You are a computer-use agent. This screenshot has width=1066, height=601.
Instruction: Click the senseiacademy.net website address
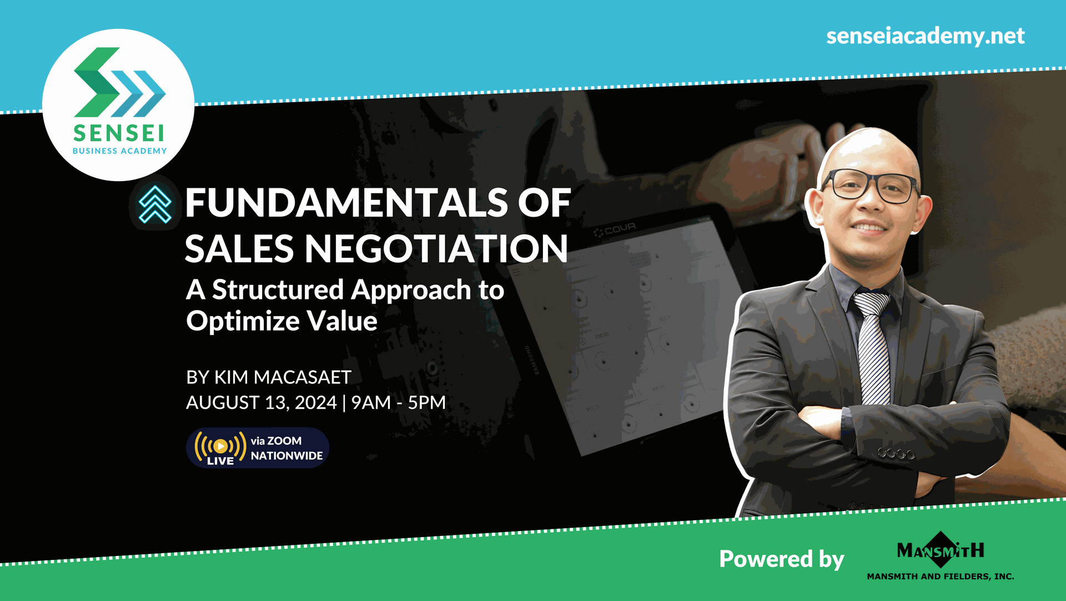(x=925, y=36)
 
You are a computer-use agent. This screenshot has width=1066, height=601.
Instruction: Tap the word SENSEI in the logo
(x=119, y=133)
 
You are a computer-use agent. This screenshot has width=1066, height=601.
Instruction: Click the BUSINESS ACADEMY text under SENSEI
(x=119, y=151)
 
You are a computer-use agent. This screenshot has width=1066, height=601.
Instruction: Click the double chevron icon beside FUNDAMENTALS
(x=155, y=204)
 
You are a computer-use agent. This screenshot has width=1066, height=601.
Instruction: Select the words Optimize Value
(x=281, y=321)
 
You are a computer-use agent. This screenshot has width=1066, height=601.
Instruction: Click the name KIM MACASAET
(x=283, y=377)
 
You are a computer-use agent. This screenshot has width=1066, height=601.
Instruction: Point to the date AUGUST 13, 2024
(x=261, y=402)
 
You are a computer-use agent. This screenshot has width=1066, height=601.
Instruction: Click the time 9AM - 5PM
(x=398, y=402)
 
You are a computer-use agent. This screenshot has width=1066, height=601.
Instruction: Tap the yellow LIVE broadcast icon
(x=220, y=447)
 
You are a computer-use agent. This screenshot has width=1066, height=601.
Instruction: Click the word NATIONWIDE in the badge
(x=286, y=455)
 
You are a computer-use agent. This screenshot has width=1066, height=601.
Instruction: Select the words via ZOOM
(x=276, y=440)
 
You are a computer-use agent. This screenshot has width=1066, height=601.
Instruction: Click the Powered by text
(x=781, y=559)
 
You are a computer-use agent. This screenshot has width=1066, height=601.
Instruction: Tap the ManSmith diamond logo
(x=941, y=550)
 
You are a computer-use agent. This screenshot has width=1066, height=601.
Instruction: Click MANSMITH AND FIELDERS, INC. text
(x=941, y=577)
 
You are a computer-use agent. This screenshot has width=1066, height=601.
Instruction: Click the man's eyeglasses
(x=870, y=186)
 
